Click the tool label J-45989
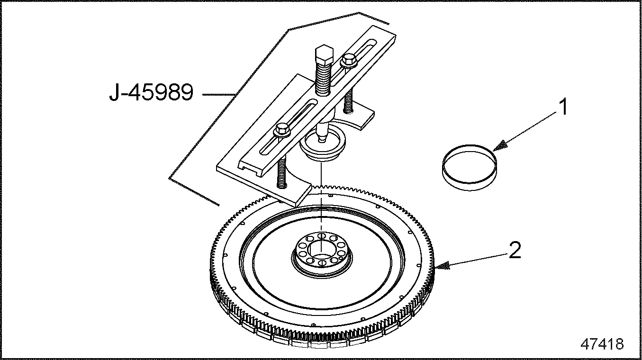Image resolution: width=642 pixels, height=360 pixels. [x=151, y=92]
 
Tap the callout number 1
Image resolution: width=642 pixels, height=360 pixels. [x=563, y=107]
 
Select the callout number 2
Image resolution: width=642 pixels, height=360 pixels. [x=515, y=251]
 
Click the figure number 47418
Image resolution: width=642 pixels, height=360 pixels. [x=602, y=344]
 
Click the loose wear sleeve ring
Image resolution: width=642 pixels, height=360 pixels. [x=470, y=168]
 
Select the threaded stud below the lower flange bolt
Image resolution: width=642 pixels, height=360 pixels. [x=282, y=173]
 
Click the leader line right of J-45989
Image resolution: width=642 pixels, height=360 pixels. [x=219, y=94]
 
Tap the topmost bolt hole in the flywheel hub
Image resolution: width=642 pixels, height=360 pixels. [x=322, y=235]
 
